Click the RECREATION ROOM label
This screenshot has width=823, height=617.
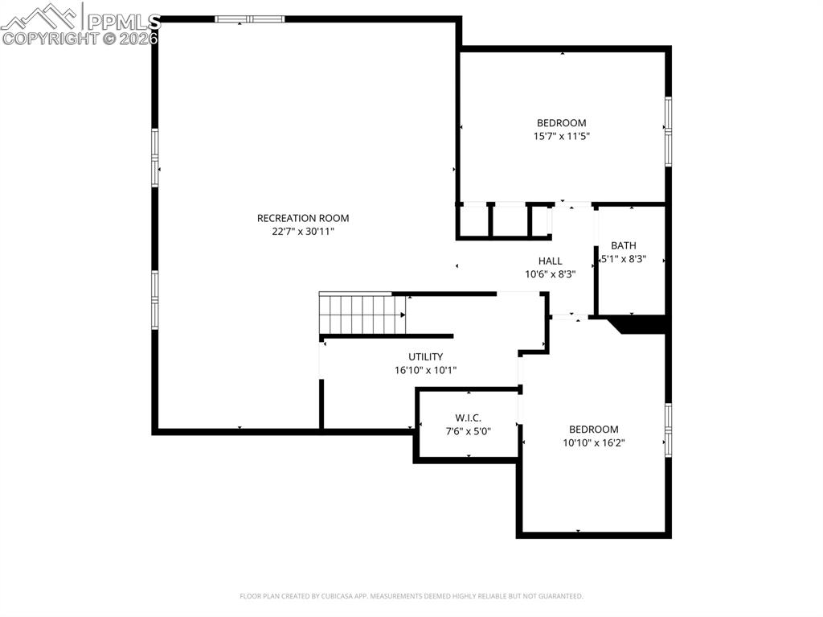tap(303, 218)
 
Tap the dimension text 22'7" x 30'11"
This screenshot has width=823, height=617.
tap(303, 232)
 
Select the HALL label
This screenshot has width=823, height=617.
tap(550, 261)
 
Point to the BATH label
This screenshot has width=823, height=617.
tap(623, 245)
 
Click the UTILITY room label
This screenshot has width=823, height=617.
tap(425, 356)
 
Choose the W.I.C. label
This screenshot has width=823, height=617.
tap(468, 418)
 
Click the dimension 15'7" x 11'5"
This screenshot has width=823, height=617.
tap(562, 137)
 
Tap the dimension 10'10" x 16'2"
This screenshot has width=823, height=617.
tap(594, 442)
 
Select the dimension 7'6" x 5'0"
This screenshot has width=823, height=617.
tap(468, 431)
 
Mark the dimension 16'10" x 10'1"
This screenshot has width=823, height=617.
tap(425, 370)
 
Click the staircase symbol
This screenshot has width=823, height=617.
tap(362, 313)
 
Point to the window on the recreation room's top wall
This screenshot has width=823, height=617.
tap(249, 19)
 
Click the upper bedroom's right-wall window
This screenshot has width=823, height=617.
tap(668, 132)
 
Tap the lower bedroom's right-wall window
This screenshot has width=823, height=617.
tap(668, 430)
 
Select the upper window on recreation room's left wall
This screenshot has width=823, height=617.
tap(155, 158)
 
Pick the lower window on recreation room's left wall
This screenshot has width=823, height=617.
tap(155, 298)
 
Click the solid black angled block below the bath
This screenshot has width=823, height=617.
tap(639, 323)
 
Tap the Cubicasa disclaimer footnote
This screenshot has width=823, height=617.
tap(411, 596)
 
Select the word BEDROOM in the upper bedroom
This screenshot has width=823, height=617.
tap(562, 123)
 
